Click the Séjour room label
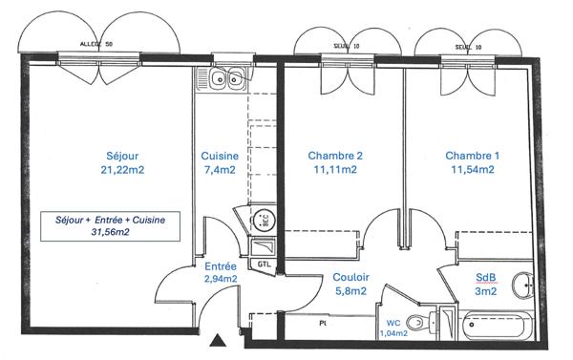(120, 156)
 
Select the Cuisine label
(221, 156)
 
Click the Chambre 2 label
(335, 156)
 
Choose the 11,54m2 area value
(472, 170)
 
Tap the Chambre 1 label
(472, 156)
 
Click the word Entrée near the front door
(221, 266)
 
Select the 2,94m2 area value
(221, 280)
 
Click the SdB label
(487, 278)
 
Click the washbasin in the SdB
(520, 285)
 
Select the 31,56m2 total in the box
(110, 231)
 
